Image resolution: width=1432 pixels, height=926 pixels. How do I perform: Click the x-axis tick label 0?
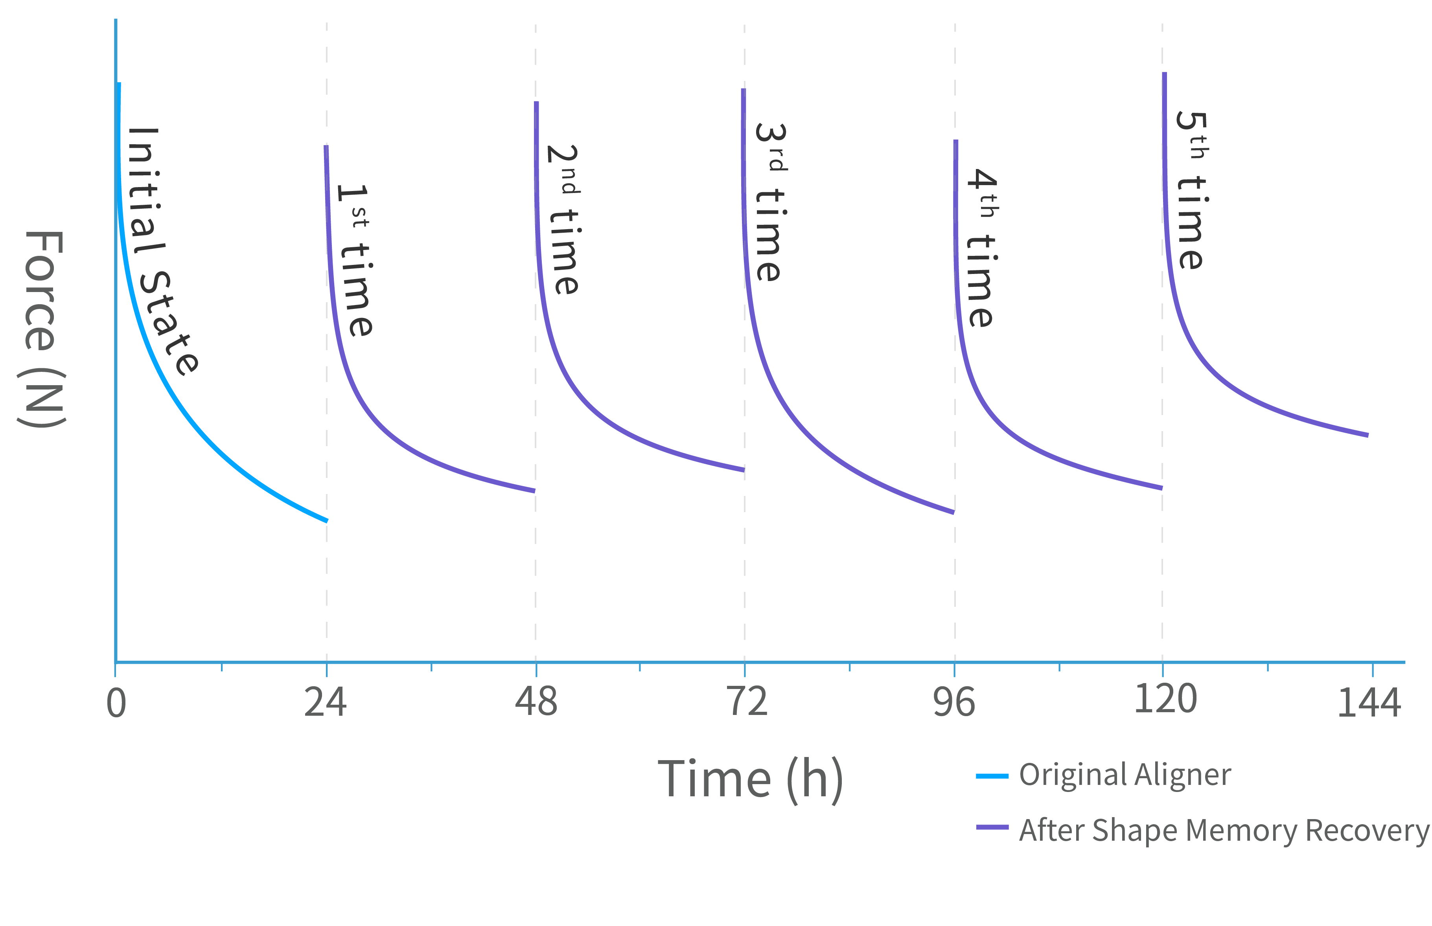[x=116, y=704]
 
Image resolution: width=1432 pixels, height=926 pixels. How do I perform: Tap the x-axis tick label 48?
[x=536, y=702]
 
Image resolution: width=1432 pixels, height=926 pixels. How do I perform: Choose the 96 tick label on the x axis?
[x=954, y=702]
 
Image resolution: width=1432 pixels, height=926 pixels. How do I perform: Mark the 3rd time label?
[x=770, y=203]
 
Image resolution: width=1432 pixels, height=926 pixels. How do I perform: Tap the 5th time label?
[x=1191, y=191]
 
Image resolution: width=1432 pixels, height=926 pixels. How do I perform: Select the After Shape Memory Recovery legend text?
[x=1224, y=831]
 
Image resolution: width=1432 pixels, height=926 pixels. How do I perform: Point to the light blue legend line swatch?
[x=992, y=776]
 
